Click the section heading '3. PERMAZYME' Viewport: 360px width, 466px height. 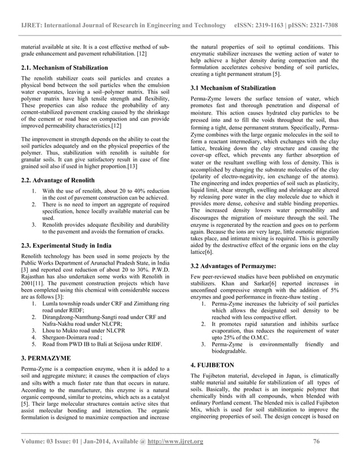[x=47, y=358]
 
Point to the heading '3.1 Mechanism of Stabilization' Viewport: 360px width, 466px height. [x=234, y=88]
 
